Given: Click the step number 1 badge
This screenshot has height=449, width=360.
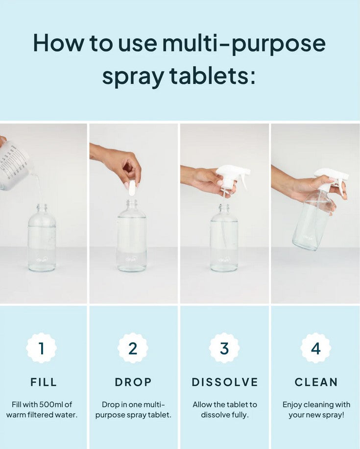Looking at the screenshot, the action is pyautogui.click(x=42, y=348).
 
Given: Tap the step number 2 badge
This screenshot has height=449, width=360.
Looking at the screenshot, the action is pyautogui.click(x=133, y=348).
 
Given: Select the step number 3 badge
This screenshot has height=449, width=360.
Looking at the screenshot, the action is pyautogui.click(x=224, y=348).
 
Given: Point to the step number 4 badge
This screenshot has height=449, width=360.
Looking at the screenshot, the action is pyautogui.click(x=315, y=348).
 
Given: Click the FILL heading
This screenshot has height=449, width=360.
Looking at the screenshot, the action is pyautogui.click(x=44, y=382).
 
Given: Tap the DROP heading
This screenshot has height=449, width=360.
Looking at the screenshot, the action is pyautogui.click(x=133, y=382).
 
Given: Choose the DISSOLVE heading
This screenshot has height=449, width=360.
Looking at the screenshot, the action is pyautogui.click(x=225, y=382).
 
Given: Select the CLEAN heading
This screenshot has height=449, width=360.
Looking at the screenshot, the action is pyautogui.click(x=316, y=382).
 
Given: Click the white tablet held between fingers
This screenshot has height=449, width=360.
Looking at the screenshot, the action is pyautogui.click(x=132, y=188).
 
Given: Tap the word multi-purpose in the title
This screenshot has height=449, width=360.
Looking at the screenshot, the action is pyautogui.click(x=244, y=44).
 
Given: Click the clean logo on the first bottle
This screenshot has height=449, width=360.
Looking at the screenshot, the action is pyautogui.click(x=42, y=260).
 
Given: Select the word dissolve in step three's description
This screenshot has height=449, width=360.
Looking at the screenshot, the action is pyautogui.click(x=213, y=415).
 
